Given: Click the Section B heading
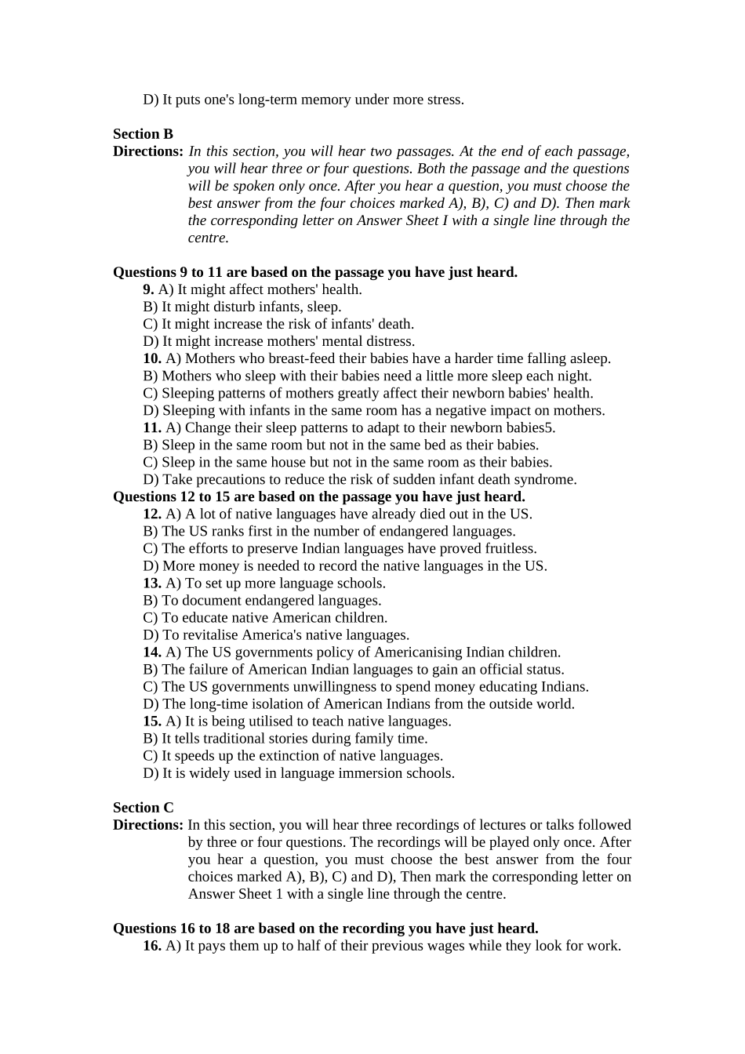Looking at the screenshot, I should click(x=143, y=134).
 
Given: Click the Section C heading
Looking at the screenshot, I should click(x=143, y=808).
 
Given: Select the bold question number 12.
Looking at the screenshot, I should click(x=152, y=514).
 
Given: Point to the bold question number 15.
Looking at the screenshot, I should click(x=152, y=721).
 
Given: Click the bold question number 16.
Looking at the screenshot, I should click(x=152, y=946).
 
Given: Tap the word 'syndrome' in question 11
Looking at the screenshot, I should click(x=546, y=480).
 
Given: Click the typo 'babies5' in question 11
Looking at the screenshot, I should click(x=531, y=428).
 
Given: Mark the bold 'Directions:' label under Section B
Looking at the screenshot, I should click(x=148, y=151).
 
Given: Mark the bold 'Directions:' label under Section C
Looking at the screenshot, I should click(x=148, y=825).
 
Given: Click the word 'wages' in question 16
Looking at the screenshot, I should click(x=446, y=946).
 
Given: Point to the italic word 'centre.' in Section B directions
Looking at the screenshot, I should click(x=208, y=238).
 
